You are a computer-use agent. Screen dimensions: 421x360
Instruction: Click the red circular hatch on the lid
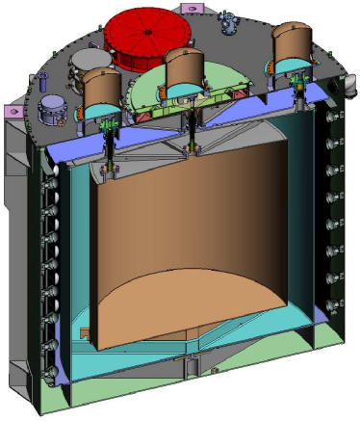tap(150, 37)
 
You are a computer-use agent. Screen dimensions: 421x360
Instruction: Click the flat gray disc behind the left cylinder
tap(80, 66)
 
